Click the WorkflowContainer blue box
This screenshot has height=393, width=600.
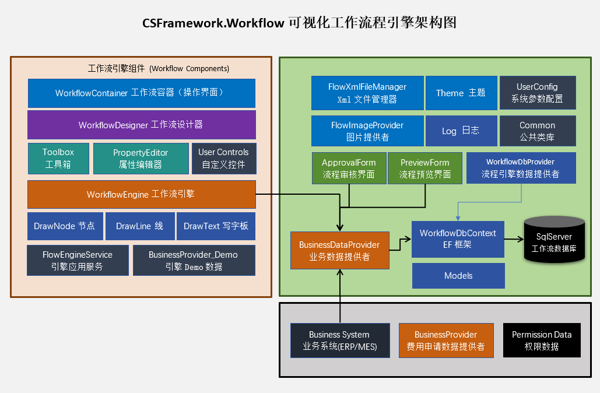click(141, 93)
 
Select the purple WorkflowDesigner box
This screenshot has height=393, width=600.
click(141, 125)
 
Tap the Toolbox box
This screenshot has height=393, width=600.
click(58, 158)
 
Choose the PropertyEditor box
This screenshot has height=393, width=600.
click(141, 158)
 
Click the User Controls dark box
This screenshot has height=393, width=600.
click(223, 158)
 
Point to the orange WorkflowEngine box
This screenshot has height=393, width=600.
click(141, 194)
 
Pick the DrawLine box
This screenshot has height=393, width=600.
click(139, 226)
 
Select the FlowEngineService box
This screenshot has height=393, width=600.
click(78, 260)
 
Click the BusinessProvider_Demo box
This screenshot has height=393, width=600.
click(193, 260)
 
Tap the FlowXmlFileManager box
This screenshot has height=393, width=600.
click(367, 93)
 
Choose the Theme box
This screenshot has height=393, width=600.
click(461, 93)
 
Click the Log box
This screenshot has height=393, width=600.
click(461, 131)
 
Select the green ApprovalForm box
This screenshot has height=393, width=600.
click(349, 168)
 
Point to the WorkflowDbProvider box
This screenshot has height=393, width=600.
click(521, 168)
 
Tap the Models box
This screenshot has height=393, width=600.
click(458, 276)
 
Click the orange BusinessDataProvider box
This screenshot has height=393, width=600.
click(339, 251)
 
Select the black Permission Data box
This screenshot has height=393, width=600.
click(542, 340)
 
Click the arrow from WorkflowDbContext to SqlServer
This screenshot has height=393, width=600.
click(514, 239)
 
